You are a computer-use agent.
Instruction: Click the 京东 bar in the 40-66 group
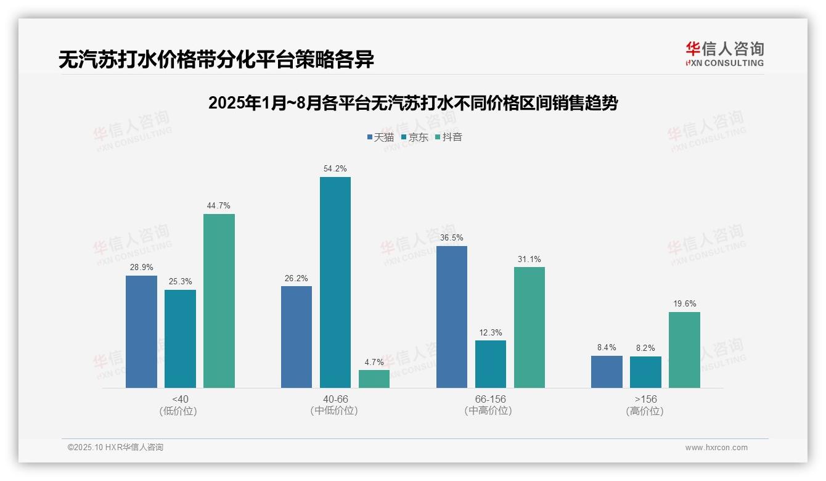pyautogui.click(x=335, y=282)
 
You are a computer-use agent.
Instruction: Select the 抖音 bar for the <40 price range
pyautogui.click(x=219, y=301)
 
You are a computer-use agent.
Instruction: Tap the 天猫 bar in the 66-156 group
pyautogui.click(x=451, y=317)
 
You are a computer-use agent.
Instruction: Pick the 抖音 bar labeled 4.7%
pyautogui.click(x=374, y=379)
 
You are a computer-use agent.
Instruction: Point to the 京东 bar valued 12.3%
pyautogui.click(x=491, y=364)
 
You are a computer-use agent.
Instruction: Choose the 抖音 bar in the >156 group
pyautogui.click(x=684, y=350)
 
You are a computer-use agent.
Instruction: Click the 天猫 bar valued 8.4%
pyautogui.click(x=607, y=372)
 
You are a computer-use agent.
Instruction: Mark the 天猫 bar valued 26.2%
pyautogui.click(x=296, y=337)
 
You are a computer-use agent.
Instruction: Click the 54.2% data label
pyautogui.click(x=335, y=168)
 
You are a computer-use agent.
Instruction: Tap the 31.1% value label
pyautogui.click(x=529, y=259)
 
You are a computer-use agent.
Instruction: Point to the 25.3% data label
pyautogui.click(x=180, y=281)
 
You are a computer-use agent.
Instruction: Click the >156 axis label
pyautogui.click(x=645, y=399)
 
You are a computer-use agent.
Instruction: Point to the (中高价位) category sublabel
pyautogui.click(x=490, y=411)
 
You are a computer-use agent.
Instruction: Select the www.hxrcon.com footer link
pyautogui.click(x=716, y=448)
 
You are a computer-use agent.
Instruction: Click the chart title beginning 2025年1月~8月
pyautogui.click(x=413, y=103)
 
